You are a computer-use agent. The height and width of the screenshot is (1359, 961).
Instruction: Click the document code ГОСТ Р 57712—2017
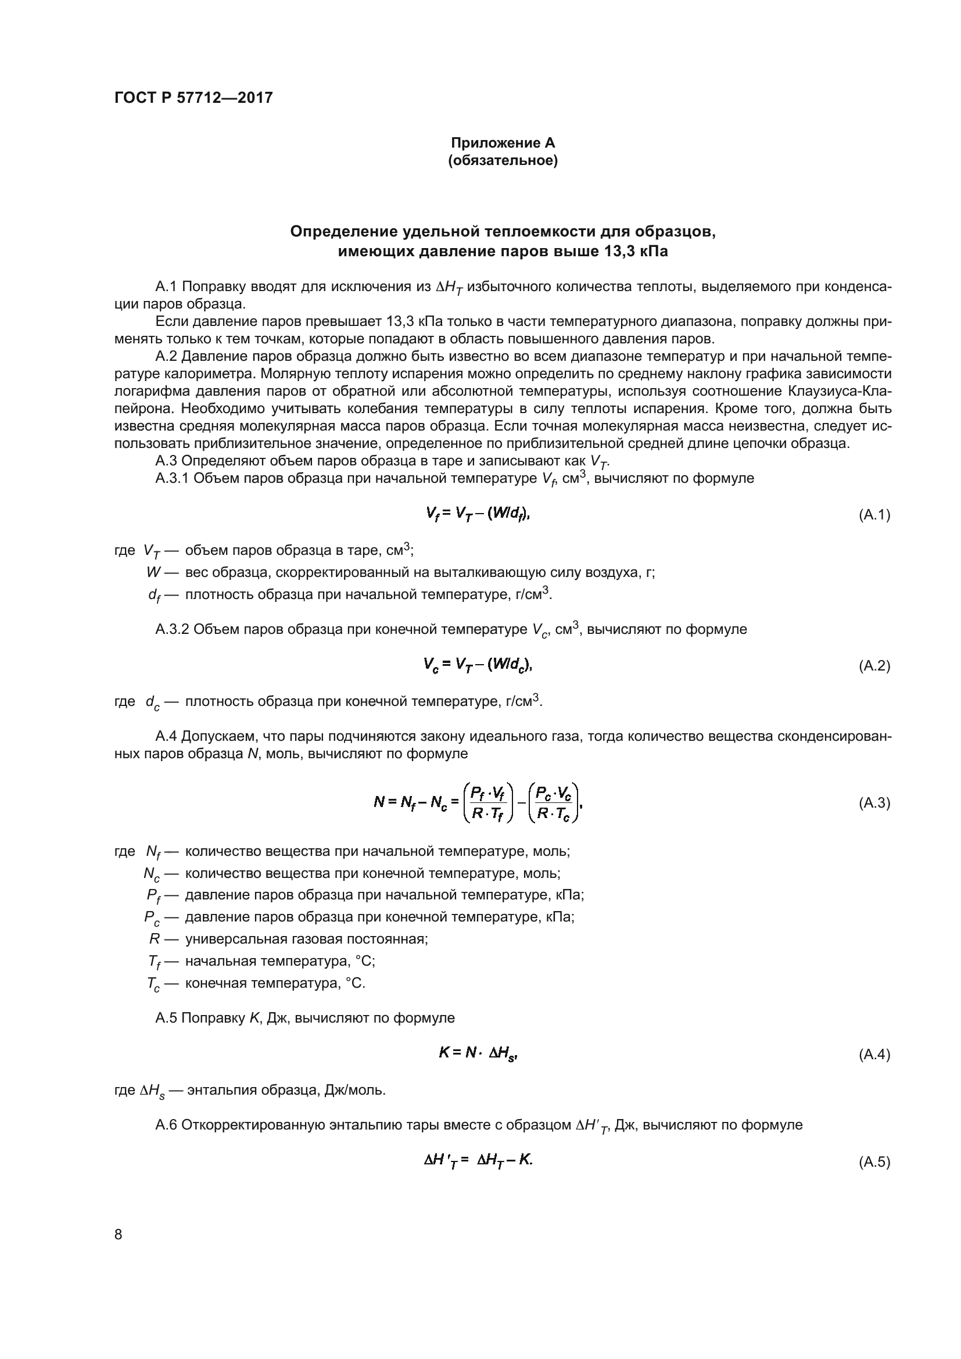(x=193, y=98)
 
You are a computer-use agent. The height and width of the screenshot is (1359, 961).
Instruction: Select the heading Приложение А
(x=503, y=143)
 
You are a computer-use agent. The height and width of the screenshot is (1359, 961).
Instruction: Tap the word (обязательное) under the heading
(x=503, y=160)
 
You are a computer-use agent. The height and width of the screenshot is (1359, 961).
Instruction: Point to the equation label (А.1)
(x=874, y=515)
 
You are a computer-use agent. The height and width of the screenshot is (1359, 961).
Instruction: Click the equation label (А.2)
(x=874, y=666)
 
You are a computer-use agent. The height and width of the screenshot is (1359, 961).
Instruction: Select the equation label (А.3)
(x=874, y=803)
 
